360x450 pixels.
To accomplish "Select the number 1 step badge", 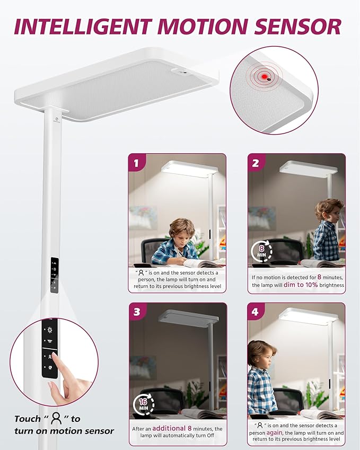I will click(137, 163).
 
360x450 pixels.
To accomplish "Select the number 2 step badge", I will click(256, 163).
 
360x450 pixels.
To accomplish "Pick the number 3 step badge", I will click(137, 311).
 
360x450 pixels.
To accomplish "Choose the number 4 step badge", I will click(256, 311).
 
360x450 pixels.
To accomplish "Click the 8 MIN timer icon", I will click(261, 250).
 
